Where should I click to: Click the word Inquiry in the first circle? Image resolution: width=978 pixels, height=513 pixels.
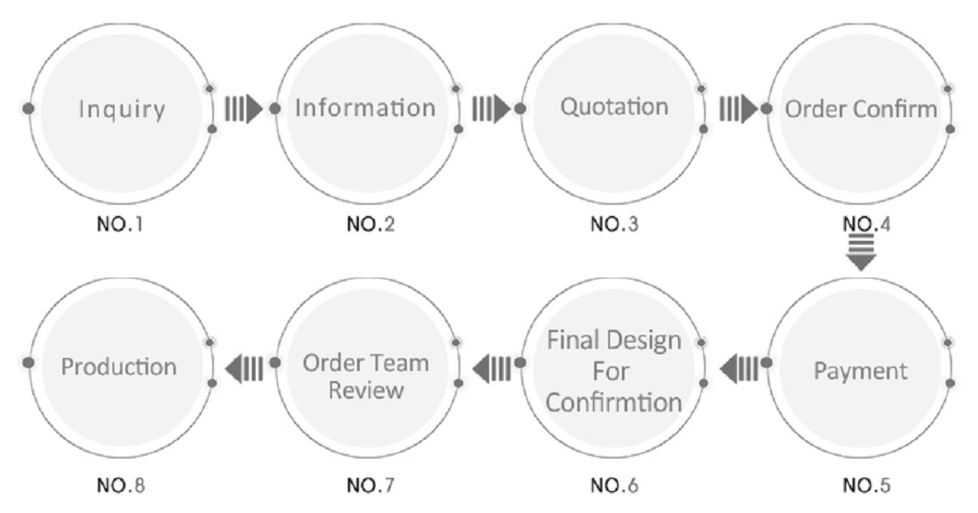pyautogui.click(x=122, y=109)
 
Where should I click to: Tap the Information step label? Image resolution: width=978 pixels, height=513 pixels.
pyautogui.click(x=364, y=108)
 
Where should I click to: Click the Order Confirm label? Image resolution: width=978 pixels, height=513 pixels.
pyautogui.click(x=860, y=109)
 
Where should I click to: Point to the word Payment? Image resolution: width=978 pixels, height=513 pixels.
pyautogui.click(x=860, y=372)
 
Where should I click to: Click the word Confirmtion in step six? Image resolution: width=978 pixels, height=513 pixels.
pyautogui.click(x=614, y=403)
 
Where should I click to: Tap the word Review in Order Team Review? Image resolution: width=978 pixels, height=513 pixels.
pyautogui.click(x=365, y=389)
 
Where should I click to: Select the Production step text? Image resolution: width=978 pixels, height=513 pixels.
pyautogui.click(x=119, y=366)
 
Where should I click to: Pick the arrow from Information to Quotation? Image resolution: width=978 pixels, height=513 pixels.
pyautogui.click(x=491, y=109)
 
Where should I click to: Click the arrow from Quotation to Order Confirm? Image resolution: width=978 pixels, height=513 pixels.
pyautogui.click(x=738, y=109)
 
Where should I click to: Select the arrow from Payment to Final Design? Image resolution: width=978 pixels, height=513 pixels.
pyautogui.click(x=738, y=370)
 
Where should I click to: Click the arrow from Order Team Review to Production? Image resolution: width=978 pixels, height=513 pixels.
pyautogui.click(x=244, y=368)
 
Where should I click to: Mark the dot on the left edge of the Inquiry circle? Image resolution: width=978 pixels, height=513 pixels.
pyautogui.click(x=29, y=109)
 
